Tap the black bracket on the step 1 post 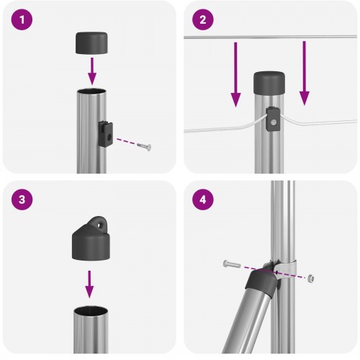coord(104,133)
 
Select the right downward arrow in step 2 coord(305,73)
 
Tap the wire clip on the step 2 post coord(274,119)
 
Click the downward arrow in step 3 coord(89,284)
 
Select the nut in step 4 coord(310,276)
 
